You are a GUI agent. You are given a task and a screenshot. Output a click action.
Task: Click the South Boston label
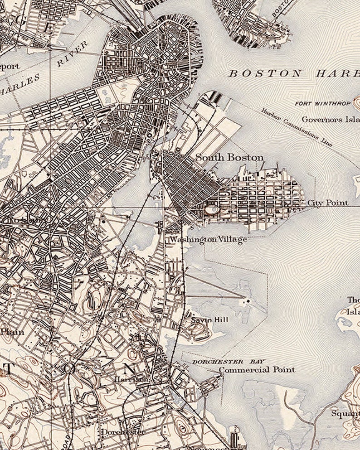tap(229, 158)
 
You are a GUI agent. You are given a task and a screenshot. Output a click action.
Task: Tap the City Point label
tap(327, 203)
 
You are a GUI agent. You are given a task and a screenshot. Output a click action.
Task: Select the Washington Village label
tap(208, 239)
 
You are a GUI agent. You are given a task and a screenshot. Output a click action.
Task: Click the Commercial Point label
tap(257, 370)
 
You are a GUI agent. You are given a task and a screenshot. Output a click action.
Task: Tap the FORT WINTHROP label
tap(322, 103)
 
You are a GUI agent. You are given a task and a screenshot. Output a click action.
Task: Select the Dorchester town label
tap(123, 432)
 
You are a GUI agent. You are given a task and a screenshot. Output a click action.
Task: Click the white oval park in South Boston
tap(211, 210)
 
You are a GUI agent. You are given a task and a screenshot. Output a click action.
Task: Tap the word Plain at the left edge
tap(11, 332)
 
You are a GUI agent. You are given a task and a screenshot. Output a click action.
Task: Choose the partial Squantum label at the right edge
tap(345, 413)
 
